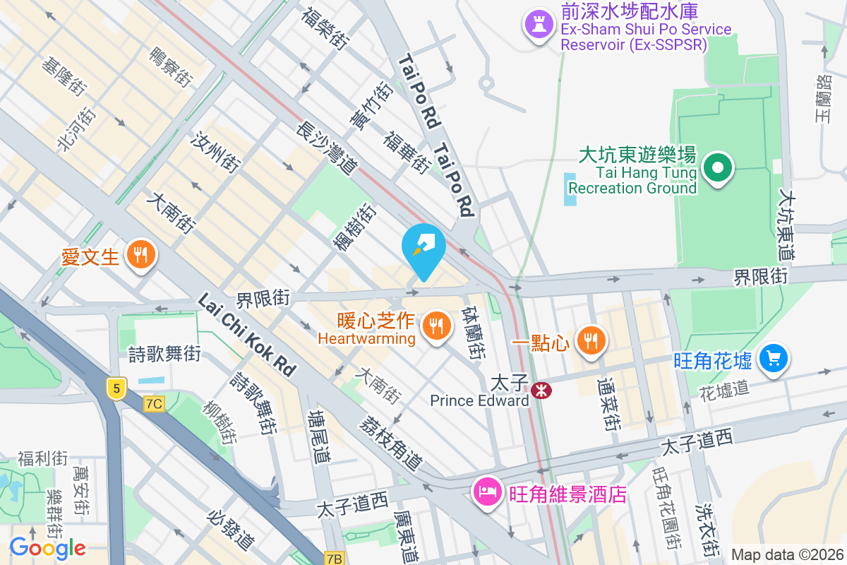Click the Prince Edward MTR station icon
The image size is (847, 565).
pos(541,390)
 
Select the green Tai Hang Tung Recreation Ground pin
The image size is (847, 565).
pos(719,169)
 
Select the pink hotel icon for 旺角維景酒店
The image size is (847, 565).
pos(486,491)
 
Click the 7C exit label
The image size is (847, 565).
pos(154,404)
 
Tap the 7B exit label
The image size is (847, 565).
pos(335,559)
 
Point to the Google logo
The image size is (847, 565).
pos(47,547)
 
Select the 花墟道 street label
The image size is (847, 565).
pos(723,390)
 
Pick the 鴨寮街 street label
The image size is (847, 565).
pos(172,66)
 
